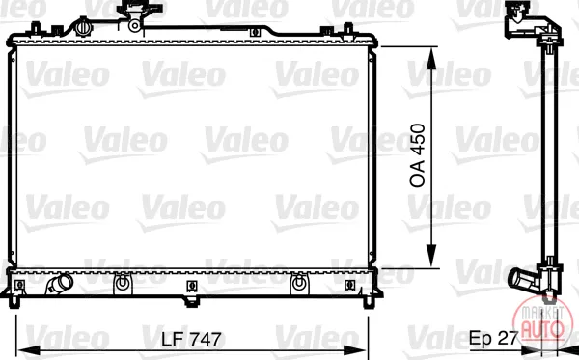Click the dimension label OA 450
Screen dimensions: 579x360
pos(418,155)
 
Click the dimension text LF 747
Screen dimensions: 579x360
pos(191,339)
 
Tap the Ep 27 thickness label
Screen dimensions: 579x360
pos(494,338)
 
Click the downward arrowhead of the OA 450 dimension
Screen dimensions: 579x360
pos(431,256)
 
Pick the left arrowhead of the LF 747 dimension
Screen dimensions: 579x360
pos(29,350)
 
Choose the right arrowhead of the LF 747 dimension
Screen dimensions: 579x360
pos(355,350)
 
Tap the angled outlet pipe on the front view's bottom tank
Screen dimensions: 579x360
pos(60,284)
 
